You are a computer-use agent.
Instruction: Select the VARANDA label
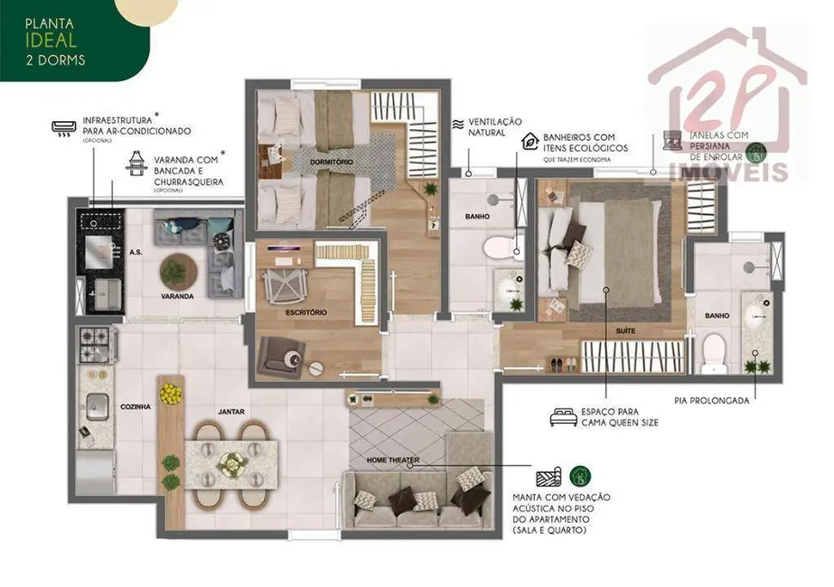click(176, 296)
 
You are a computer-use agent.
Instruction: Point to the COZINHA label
click(136, 406)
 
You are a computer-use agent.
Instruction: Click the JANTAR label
click(231, 412)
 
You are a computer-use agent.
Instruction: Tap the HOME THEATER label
click(393, 461)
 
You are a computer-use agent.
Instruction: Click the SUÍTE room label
click(625, 331)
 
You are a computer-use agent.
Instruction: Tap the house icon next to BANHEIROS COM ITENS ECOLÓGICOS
click(530, 141)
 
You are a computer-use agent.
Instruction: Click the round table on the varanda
click(178, 268)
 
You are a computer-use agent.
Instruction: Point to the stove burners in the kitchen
click(96, 341)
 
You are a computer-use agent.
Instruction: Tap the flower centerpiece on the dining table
click(234, 463)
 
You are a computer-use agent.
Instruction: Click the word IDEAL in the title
click(37, 41)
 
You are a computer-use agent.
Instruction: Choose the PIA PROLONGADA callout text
click(711, 400)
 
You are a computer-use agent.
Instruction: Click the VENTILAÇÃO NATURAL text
click(495, 126)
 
